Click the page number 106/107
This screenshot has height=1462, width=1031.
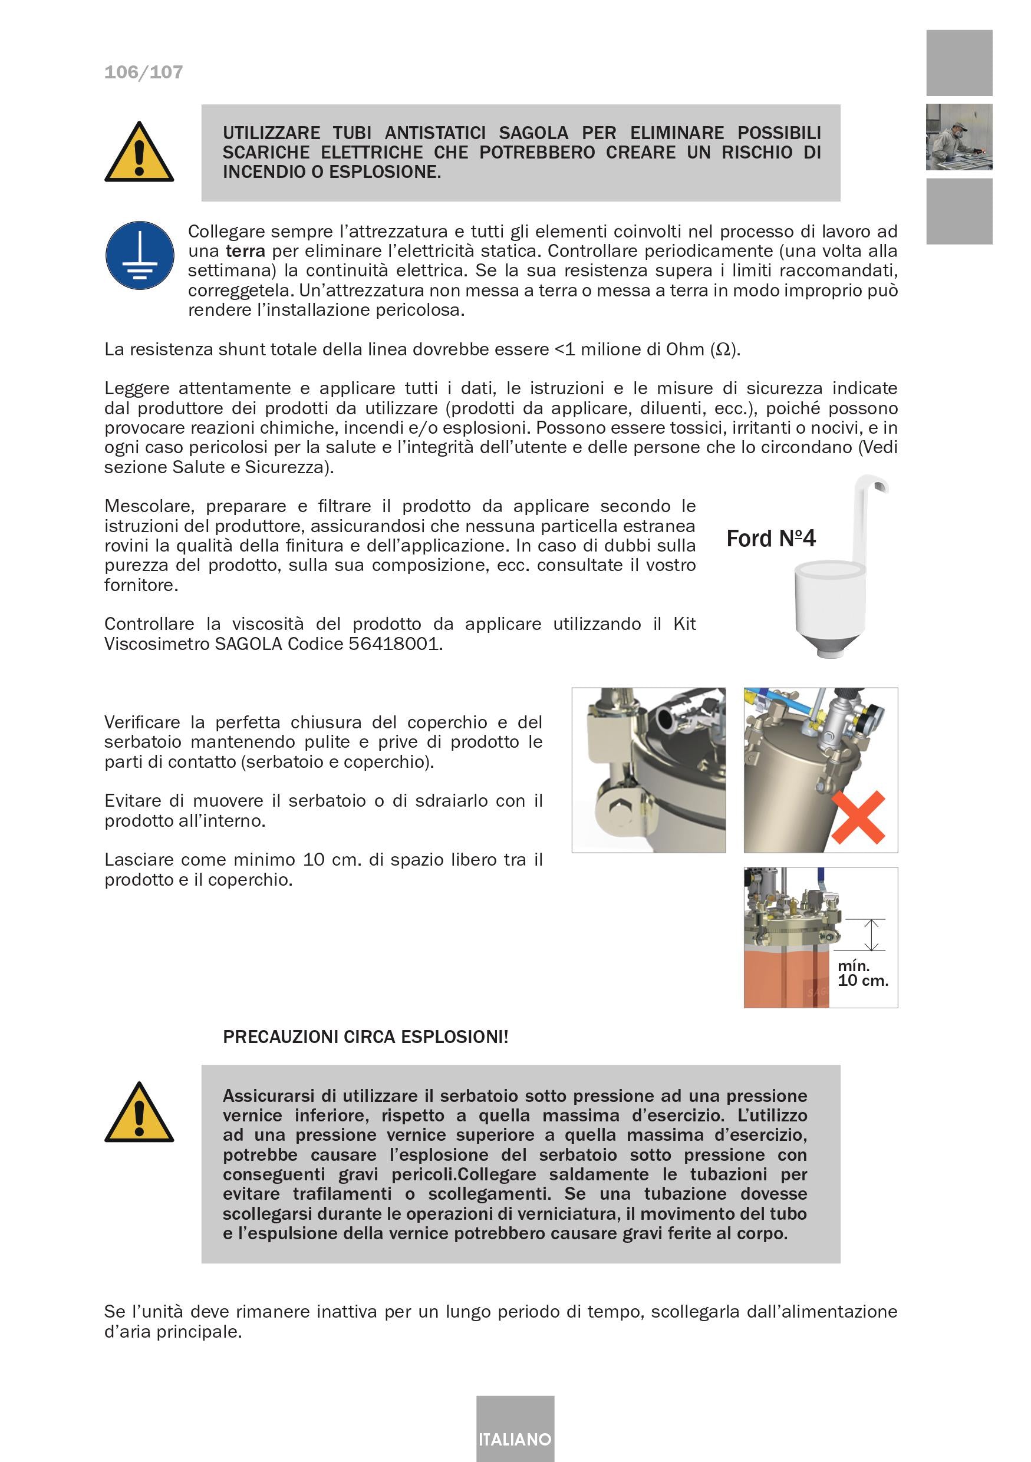click(143, 72)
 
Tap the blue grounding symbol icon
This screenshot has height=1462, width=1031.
click(140, 255)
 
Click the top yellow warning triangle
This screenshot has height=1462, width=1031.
click(139, 153)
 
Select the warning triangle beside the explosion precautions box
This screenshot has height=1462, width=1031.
click(139, 1114)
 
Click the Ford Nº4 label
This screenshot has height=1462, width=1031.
click(770, 539)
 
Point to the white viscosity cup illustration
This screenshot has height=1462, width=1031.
click(830, 605)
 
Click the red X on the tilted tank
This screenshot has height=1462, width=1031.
click(857, 817)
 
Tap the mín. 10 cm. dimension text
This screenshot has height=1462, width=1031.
click(862, 973)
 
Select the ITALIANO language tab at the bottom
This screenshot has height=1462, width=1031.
click(515, 1439)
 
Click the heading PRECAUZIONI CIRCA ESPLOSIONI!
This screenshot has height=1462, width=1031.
click(365, 1037)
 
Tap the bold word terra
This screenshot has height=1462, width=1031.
click(245, 251)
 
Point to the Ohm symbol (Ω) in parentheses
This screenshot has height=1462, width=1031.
click(723, 349)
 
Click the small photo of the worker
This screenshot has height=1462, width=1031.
click(958, 137)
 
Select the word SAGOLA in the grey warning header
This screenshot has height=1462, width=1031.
click(533, 133)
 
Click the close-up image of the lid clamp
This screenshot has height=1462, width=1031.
click(648, 770)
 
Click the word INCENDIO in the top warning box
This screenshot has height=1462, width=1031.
click(263, 172)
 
